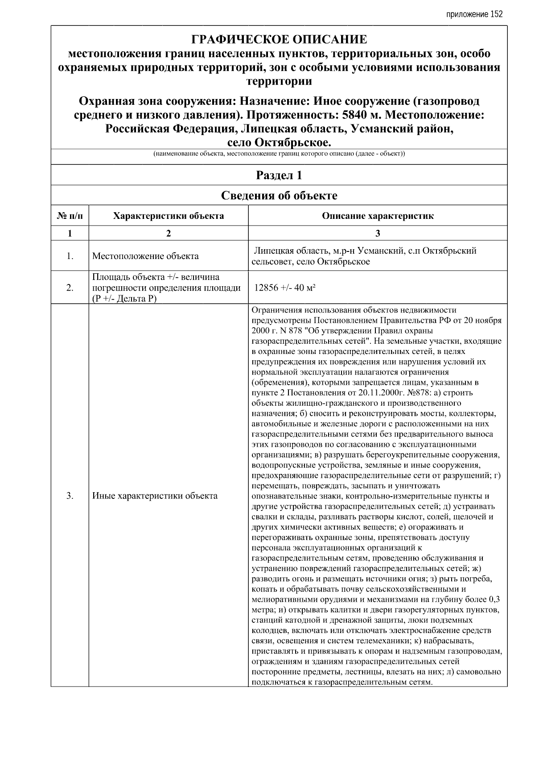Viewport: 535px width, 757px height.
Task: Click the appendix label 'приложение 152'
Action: pyautogui.click(x=474, y=14)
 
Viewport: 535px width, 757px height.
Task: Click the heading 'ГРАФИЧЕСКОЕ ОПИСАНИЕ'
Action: pyautogui.click(x=279, y=40)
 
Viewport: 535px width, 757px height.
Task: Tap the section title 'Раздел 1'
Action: pyautogui.click(x=279, y=175)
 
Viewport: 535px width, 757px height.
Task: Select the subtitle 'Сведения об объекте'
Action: pyautogui.click(x=279, y=195)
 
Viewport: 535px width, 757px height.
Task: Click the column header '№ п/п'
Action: pyautogui.click(x=70, y=216)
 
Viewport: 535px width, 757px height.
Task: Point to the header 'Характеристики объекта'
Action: pyautogui.click(x=169, y=216)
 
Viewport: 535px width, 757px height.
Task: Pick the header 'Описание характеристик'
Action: pyautogui.click(x=378, y=216)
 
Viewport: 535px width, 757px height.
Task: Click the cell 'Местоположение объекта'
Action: pyautogui.click(x=145, y=256)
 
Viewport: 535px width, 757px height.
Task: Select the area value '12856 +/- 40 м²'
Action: pyautogui.click(x=285, y=288)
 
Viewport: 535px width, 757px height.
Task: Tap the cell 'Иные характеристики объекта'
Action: pyautogui.click(x=155, y=496)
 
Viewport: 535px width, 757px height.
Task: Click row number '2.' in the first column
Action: pyautogui.click(x=70, y=288)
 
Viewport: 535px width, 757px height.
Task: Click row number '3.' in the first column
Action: pyautogui.click(x=70, y=496)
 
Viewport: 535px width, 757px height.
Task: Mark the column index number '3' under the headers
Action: pyautogui.click(x=378, y=233)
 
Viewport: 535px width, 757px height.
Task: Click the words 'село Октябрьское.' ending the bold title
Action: pyautogui.click(x=279, y=143)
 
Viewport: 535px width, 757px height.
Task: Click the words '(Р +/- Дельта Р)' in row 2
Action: pyautogui.click(x=124, y=299)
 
